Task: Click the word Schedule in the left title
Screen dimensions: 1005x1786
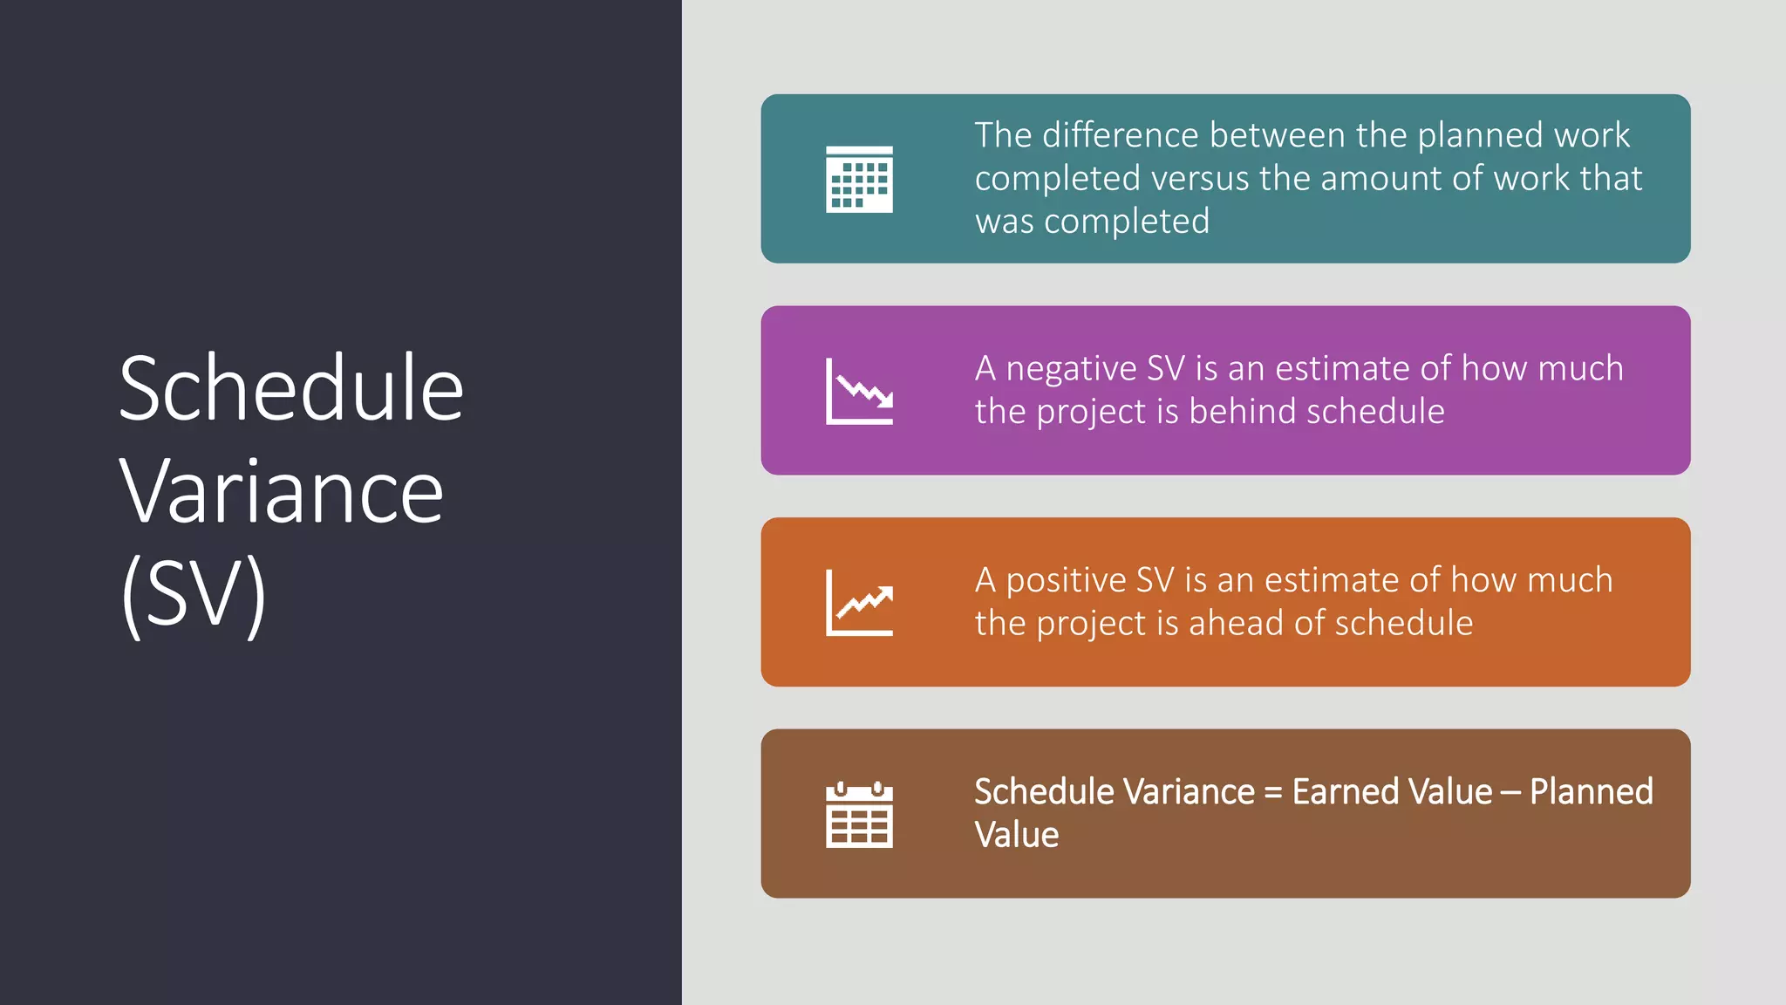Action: click(290, 389)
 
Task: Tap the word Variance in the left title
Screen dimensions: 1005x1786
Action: click(281, 493)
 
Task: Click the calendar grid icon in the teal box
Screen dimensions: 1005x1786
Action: click(859, 180)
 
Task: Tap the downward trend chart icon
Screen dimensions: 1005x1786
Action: click(859, 392)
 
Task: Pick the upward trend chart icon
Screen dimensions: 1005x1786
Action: click(859, 603)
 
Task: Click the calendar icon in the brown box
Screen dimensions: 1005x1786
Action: click(859, 815)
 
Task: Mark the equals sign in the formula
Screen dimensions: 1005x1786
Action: click(1272, 793)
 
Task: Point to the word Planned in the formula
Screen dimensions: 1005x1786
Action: click(1591, 792)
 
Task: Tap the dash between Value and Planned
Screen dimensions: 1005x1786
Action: click(1510, 793)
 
